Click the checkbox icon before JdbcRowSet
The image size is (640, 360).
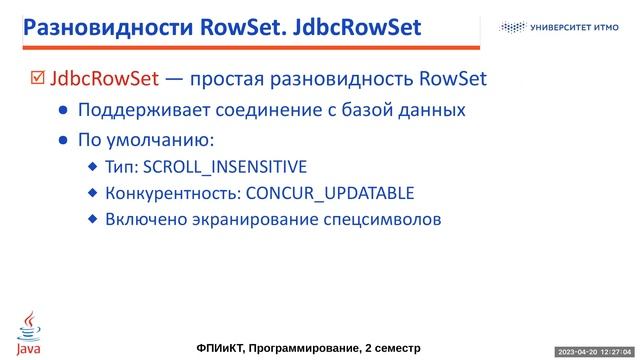38,78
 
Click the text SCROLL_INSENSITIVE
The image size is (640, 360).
226,166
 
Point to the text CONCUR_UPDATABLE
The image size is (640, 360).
329,193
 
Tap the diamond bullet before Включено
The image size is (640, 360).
93,218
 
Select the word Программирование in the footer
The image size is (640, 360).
311,347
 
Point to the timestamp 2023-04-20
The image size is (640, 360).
577,352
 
